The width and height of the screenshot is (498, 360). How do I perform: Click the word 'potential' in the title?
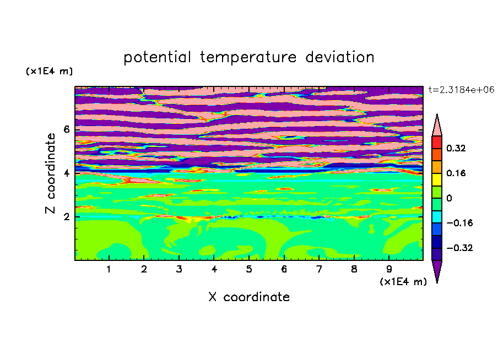[158, 58]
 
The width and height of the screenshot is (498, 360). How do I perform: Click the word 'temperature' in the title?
[248, 57]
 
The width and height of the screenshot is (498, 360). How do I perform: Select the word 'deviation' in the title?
[340, 57]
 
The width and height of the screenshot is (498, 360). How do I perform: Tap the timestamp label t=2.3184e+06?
[462, 90]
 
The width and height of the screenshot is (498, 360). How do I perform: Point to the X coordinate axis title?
[249, 297]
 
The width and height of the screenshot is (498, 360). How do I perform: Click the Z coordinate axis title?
[50, 173]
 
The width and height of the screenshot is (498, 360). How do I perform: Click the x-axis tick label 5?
[249, 269]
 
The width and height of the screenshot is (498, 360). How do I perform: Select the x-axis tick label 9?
[389, 269]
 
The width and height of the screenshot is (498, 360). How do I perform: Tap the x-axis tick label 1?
[109, 269]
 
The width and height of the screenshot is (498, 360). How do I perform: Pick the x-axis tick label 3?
[179, 269]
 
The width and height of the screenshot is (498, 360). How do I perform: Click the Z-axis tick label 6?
[66, 129]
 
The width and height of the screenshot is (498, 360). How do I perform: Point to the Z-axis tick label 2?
[66, 217]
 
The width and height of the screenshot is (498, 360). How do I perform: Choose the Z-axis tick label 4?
[66, 173]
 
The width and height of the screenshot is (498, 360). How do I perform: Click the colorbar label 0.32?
[456, 148]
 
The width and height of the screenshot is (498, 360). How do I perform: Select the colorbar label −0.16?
[459, 223]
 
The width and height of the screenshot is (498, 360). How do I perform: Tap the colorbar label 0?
[449, 198]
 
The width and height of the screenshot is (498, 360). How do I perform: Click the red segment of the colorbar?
[437, 142]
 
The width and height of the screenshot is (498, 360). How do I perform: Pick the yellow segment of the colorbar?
[437, 179]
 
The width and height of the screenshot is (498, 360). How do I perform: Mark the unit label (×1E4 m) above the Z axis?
[49, 71]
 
